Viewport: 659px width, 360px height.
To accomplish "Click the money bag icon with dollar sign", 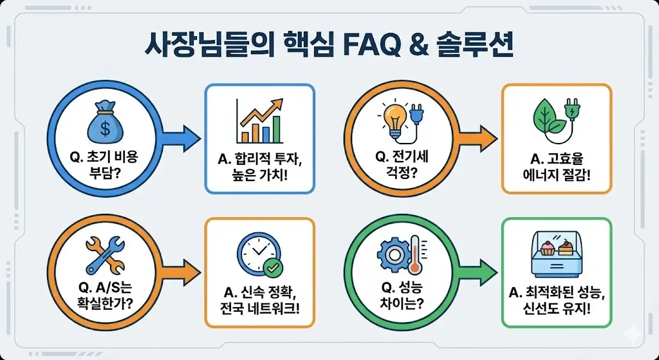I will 106,120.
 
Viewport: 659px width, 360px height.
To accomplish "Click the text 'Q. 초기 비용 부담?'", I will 106,164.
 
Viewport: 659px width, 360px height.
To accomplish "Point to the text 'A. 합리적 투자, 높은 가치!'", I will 259,164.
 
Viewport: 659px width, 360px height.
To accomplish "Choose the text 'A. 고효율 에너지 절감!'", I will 557,164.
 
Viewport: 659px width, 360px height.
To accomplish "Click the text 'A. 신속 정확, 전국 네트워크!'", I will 259,297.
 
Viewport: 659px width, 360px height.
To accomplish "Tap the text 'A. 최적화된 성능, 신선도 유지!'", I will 557,297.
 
